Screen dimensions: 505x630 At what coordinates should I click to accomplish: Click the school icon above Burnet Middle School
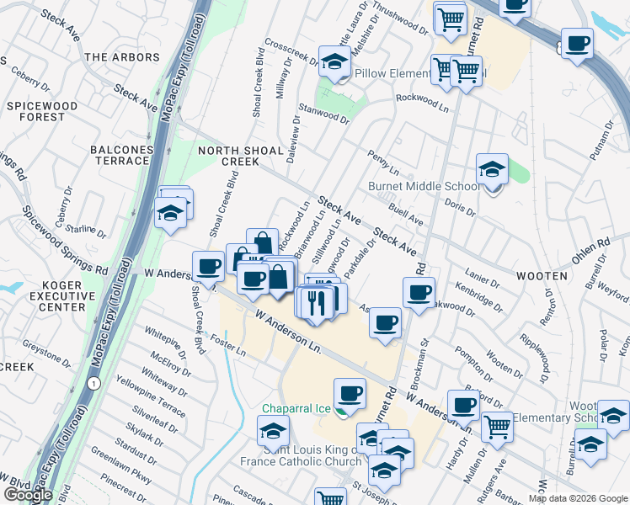point(492,169)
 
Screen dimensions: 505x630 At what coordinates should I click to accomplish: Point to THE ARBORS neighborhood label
point(122,57)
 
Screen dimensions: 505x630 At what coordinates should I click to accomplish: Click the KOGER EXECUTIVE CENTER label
point(62,296)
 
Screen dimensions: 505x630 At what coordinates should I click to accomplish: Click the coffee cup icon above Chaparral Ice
point(350,393)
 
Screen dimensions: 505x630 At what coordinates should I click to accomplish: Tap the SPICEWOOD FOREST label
point(41,111)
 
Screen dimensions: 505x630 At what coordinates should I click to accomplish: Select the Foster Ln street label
point(228,346)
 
